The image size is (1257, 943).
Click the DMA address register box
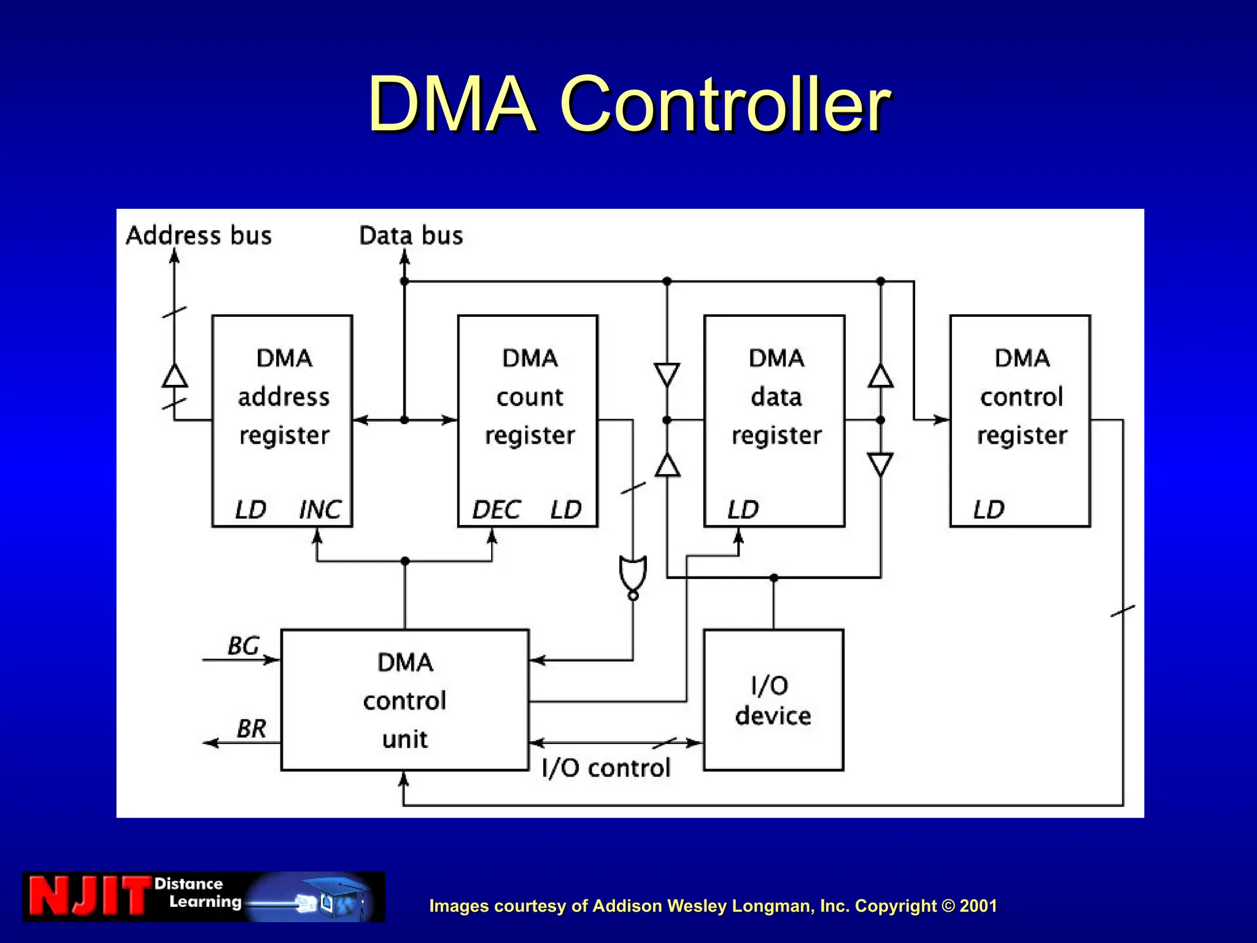(x=282, y=421)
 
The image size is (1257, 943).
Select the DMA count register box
(x=528, y=421)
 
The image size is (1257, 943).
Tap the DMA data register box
(x=775, y=421)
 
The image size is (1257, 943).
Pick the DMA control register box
(x=1020, y=421)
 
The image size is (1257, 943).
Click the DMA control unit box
(x=405, y=700)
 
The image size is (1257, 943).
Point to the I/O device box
(x=773, y=700)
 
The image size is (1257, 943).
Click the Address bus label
(x=199, y=236)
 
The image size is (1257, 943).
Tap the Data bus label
(x=411, y=236)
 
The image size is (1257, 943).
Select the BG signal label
(x=244, y=646)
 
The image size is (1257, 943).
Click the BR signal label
(x=252, y=729)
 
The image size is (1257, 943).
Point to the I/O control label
(x=606, y=768)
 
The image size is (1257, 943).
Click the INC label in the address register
(x=320, y=510)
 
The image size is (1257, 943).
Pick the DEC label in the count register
(x=496, y=510)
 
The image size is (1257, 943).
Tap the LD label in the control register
(x=989, y=510)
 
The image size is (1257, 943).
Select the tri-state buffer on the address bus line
(x=175, y=376)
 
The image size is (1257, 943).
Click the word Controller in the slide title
(x=724, y=104)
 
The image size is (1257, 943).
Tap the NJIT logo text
(x=89, y=897)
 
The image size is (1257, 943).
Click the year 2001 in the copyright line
(x=978, y=906)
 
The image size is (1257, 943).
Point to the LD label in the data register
(x=743, y=510)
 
